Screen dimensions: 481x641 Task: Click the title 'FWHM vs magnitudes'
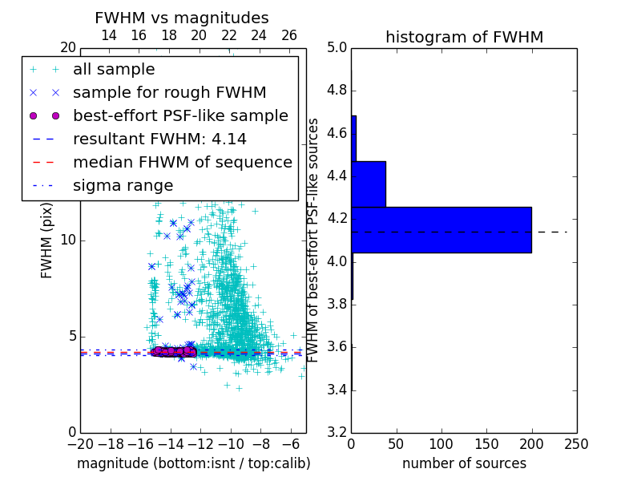click(182, 18)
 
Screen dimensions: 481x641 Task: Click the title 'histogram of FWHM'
click(464, 37)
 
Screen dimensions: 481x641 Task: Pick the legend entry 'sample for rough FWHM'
click(169, 93)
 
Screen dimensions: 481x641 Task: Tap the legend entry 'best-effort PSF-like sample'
click(180, 115)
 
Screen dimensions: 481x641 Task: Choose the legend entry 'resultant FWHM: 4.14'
click(159, 139)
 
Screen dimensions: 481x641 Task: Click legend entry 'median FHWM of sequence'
click(182, 162)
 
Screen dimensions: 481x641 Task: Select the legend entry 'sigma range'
click(123, 185)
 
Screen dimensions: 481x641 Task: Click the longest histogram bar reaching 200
click(441, 229)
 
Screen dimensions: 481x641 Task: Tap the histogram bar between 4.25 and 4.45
click(369, 184)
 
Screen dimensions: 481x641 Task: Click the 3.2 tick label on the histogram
click(337, 432)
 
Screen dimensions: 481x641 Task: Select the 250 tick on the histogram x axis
click(577, 443)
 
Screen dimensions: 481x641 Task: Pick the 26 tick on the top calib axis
click(289, 35)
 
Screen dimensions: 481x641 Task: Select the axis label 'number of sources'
click(464, 463)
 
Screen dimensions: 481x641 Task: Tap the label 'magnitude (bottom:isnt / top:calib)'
click(193, 463)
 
